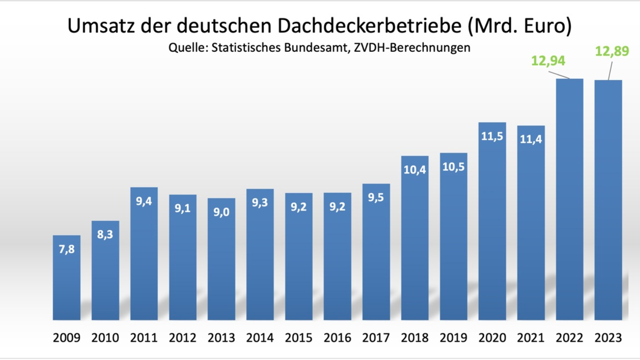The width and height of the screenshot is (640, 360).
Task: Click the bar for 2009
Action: pyautogui.click(x=67, y=277)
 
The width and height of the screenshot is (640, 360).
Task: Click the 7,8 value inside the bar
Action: pyautogui.click(x=67, y=249)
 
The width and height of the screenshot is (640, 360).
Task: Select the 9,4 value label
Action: pyautogui.click(x=144, y=201)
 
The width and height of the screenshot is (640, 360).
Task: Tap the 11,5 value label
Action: pyautogui.click(x=492, y=136)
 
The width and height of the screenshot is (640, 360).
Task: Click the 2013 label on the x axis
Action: pyautogui.click(x=221, y=338)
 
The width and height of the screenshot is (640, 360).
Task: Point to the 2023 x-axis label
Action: pyautogui.click(x=608, y=338)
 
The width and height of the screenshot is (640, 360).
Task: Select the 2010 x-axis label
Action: pyautogui.click(x=105, y=338)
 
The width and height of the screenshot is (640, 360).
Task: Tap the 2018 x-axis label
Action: pyautogui.click(x=415, y=338)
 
